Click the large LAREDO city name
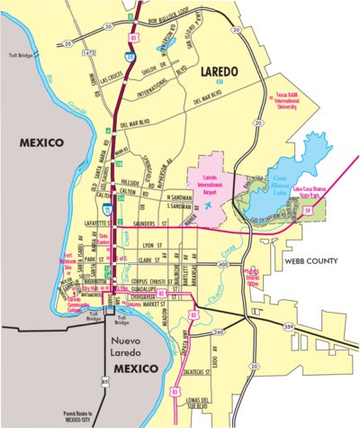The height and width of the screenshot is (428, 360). (x=220, y=68)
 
